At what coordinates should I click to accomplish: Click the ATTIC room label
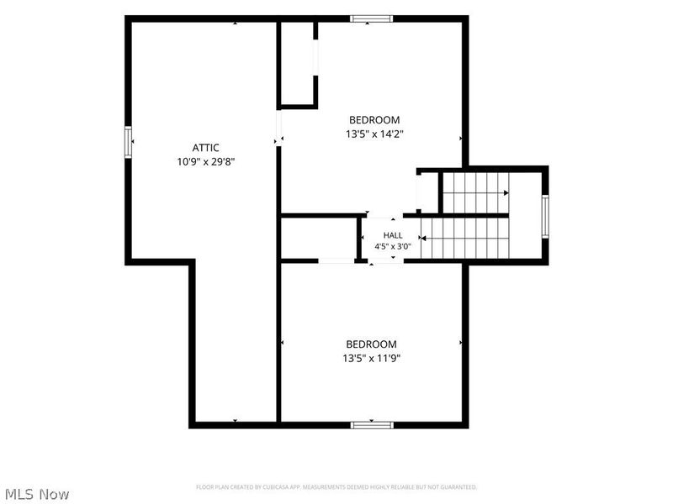[x=205, y=148]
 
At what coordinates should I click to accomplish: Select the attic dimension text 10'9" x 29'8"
[x=206, y=162]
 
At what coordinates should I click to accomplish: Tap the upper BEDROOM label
[x=374, y=120]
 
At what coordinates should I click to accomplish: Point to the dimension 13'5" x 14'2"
[x=374, y=134]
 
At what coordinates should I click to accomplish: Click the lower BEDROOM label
[x=371, y=344]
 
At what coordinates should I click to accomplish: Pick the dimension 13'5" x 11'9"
[x=371, y=359]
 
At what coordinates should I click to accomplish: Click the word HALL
[x=393, y=235]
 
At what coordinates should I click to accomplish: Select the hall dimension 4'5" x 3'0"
[x=393, y=246]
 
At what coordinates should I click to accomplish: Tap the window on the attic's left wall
[x=128, y=142]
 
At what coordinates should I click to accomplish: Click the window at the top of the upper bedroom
[x=371, y=18]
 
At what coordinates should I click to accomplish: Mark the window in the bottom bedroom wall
[x=372, y=425]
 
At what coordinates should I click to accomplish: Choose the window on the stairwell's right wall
[x=545, y=217]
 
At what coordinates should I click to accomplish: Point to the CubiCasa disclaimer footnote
[x=336, y=487]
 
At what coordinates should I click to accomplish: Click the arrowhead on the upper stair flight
[x=506, y=193]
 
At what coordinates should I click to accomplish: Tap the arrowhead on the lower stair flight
[x=423, y=239]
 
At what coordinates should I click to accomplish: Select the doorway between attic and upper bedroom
[x=278, y=129]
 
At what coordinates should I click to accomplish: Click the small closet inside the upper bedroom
[x=298, y=64]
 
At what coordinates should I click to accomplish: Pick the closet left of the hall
[x=319, y=239]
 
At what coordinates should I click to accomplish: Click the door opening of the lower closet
[x=336, y=260]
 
